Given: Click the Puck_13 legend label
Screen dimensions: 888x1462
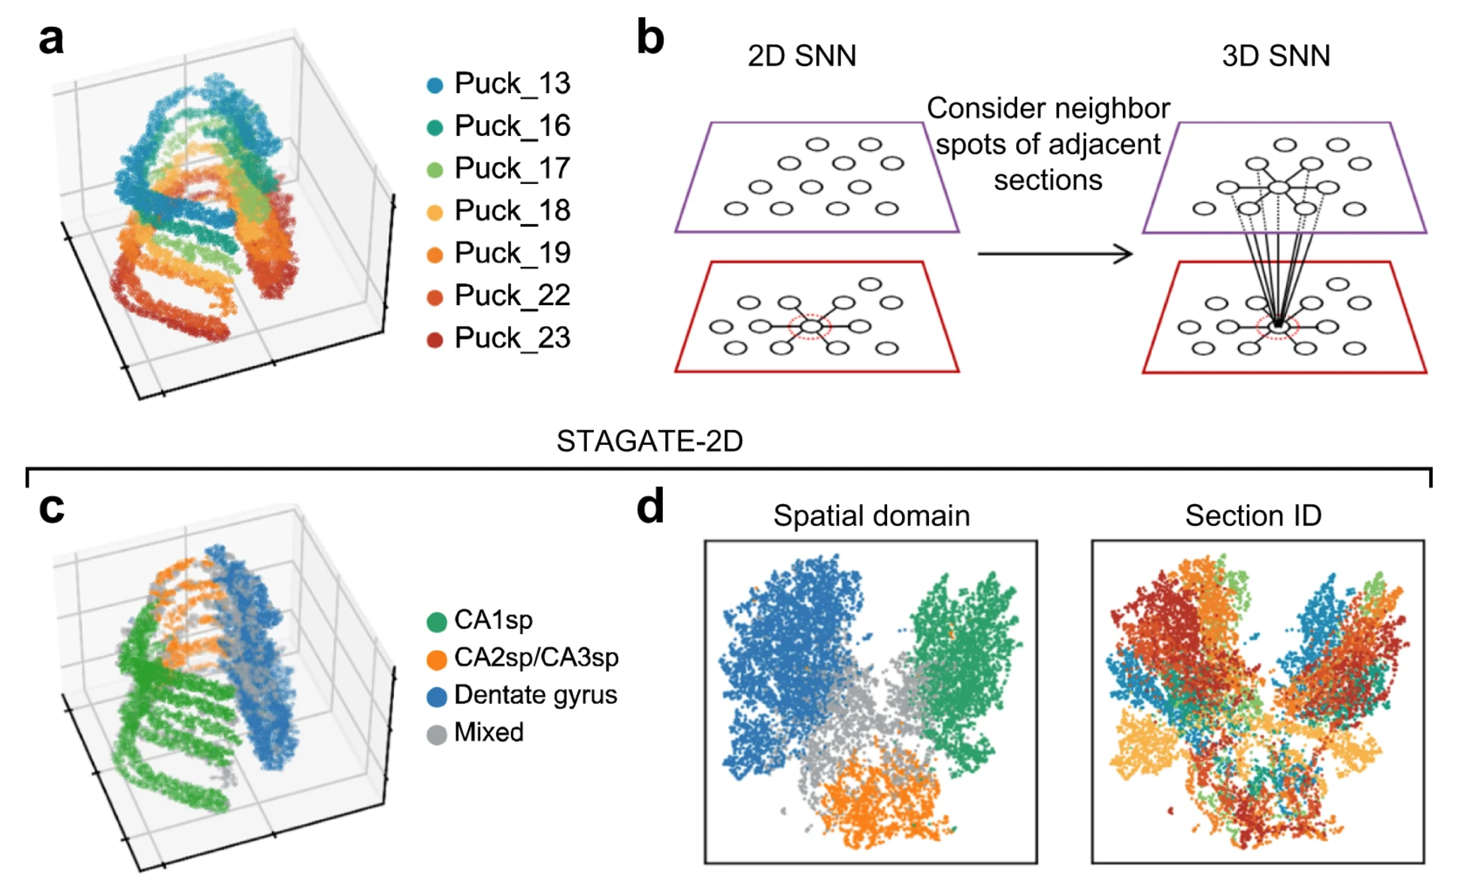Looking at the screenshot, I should (512, 83).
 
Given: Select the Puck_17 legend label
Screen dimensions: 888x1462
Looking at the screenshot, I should (512, 168).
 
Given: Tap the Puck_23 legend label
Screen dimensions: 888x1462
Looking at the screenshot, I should (512, 338).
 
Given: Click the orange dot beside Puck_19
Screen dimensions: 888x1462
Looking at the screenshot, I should (434, 255).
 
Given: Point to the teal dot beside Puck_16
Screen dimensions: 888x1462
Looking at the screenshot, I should (434, 127).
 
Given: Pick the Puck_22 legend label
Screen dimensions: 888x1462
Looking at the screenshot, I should (512, 295).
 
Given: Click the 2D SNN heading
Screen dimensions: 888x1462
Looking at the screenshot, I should (801, 56).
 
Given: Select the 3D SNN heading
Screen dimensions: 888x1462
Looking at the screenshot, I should (1276, 56).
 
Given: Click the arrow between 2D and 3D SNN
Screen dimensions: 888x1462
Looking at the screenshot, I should (1055, 254).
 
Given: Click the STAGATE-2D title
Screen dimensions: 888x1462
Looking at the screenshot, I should (649, 441).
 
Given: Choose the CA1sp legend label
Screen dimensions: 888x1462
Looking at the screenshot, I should (493, 620).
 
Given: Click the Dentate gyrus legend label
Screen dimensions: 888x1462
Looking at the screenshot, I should (535, 695).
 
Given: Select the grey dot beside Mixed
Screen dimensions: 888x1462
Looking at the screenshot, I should (437, 734).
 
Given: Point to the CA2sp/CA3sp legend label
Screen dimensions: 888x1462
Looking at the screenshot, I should (536, 657).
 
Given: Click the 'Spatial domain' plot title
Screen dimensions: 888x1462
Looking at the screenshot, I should (871, 515).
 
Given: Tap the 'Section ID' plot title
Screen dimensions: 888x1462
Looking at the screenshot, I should (1253, 515).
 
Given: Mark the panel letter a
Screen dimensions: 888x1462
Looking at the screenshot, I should (51, 38).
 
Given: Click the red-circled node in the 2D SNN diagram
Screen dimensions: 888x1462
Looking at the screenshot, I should (811, 326).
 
